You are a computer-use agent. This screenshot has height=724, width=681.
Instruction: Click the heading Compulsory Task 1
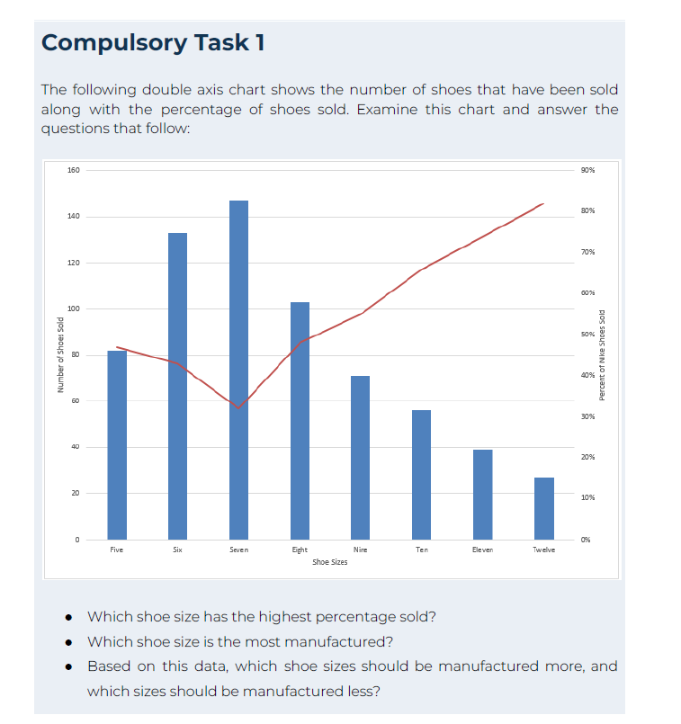tap(153, 42)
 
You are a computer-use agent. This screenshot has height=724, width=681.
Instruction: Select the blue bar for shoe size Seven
tap(238, 369)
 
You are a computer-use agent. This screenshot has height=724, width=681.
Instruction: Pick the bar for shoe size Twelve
tap(544, 508)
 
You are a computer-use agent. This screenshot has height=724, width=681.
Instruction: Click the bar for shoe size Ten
tap(421, 474)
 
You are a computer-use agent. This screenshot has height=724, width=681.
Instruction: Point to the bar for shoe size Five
tap(117, 444)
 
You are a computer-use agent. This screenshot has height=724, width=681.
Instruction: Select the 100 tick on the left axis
tap(74, 309)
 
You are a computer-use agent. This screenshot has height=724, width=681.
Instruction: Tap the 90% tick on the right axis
tap(588, 170)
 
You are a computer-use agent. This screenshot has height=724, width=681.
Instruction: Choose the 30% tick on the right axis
tap(588, 416)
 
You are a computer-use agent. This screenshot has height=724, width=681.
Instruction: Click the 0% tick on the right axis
tap(587, 540)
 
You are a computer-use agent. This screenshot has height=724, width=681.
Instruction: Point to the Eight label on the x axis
tap(300, 549)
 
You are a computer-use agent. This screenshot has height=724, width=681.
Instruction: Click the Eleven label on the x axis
tap(483, 549)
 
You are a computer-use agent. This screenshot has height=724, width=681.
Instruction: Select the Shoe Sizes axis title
tap(329, 561)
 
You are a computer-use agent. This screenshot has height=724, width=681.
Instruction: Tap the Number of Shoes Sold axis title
tap(59, 355)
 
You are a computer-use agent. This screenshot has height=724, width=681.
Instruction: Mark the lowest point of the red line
tap(238, 408)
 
